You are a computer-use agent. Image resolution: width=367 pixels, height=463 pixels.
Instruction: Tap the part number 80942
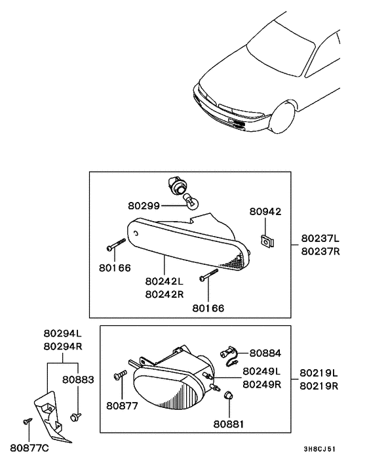pyautogui.click(x=265, y=212)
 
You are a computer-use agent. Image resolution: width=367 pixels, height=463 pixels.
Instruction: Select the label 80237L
pyautogui.click(x=320, y=239)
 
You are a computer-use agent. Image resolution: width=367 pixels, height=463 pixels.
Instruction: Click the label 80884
pyautogui.click(x=264, y=352)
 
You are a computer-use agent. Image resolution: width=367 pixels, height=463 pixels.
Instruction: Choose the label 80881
pyautogui.click(x=227, y=424)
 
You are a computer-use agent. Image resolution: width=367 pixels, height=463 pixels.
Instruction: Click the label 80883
pyautogui.click(x=78, y=379)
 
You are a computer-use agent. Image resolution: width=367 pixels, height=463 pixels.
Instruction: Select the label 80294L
pyautogui.click(x=62, y=332)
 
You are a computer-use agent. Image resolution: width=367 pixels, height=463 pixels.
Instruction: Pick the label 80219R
pyautogui.click(x=319, y=386)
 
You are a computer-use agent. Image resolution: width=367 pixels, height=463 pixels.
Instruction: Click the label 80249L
pyautogui.click(x=261, y=371)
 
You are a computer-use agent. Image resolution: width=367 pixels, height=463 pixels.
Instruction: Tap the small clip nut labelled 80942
pyautogui.click(x=267, y=241)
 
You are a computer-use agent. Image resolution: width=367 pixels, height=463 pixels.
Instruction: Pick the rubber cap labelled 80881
pyautogui.click(x=229, y=395)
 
